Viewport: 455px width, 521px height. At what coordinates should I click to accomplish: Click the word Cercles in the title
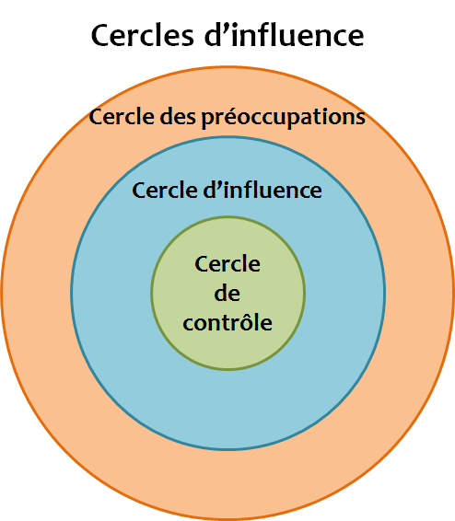pos(142,35)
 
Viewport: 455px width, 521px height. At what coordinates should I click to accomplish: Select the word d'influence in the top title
pos(285,35)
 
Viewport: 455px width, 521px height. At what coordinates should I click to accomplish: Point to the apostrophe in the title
pos(226,28)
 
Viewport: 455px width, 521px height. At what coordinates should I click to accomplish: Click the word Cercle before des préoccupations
pos(122,117)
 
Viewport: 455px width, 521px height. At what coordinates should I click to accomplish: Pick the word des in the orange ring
pos(178,117)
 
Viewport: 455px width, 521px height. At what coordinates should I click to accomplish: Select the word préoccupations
pos(284,118)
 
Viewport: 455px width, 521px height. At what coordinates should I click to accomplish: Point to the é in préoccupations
pos(227,117)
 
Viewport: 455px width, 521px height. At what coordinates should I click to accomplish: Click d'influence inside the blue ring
pos(262,190)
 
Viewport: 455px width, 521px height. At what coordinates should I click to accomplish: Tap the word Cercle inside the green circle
pos(227,264)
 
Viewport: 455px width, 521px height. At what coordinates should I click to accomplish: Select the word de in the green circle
pos(227,293)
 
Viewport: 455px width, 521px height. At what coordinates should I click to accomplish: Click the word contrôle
pos(227,321)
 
